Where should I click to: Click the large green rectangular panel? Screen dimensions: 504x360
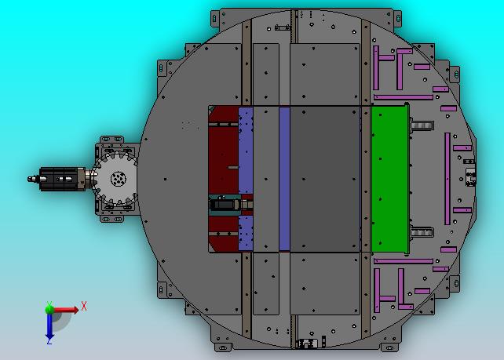(x=390, y=179)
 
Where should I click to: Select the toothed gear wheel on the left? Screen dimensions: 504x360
(x=116, y=179)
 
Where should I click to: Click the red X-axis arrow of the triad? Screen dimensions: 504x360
(x=66, y=310)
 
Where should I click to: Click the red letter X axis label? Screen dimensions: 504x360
(x=84, y=306)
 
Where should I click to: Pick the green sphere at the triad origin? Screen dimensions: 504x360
(x=49, y=309)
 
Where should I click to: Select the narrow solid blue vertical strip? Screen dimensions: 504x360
(x=284, y=179)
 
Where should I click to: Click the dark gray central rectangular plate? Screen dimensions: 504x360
(x=325, y=179)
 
